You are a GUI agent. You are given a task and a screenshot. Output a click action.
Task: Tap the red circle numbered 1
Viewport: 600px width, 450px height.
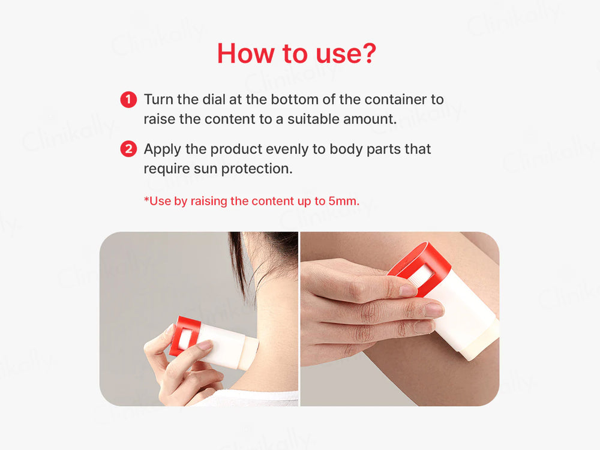(128, 100)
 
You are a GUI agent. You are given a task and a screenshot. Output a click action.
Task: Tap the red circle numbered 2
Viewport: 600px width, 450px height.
(128, 149)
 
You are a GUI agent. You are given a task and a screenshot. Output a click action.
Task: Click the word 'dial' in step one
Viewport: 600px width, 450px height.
(214, 100)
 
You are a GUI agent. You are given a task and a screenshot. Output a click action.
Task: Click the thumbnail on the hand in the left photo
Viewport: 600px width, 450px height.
(205, 346)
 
